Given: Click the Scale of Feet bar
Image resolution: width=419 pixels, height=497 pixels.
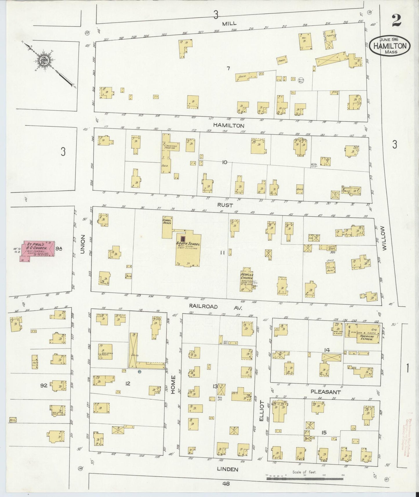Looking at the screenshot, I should pos(304,476).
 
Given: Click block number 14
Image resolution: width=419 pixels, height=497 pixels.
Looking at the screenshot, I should pos(327,350).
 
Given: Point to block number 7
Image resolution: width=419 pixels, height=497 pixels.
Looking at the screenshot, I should pos(228,68).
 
